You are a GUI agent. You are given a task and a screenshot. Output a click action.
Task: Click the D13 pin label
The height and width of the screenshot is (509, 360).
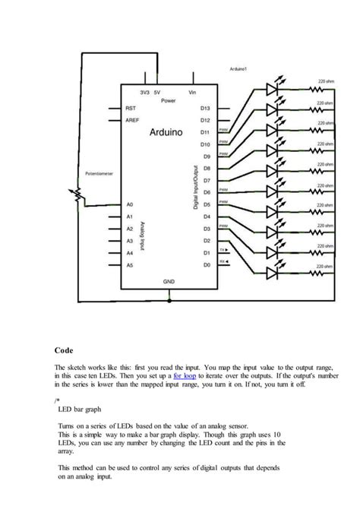point(204,108)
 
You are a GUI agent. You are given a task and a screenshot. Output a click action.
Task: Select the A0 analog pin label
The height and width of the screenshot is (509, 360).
point(130,204)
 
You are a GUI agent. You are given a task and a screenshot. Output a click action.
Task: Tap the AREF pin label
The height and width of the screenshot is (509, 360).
point(131,120)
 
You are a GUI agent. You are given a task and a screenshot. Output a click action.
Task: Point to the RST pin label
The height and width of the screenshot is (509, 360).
point(131,108)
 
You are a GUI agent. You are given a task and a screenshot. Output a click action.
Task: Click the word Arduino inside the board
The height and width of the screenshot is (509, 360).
point(166,131)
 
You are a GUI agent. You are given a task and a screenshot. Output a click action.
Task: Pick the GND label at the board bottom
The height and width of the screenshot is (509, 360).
point(169,280)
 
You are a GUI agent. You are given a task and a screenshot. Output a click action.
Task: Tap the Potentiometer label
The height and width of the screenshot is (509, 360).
point(99,173)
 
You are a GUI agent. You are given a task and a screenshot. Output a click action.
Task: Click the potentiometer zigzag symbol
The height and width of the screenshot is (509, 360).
point(77,195)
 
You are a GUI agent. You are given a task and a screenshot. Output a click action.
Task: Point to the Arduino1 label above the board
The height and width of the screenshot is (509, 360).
point(239,69)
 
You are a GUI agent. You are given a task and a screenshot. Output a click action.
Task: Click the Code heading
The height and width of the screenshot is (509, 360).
point(64,350)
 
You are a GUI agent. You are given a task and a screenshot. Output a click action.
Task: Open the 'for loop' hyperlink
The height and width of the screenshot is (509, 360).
point(185,375)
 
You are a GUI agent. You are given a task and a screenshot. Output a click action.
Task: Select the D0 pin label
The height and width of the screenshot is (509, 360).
point(205,264)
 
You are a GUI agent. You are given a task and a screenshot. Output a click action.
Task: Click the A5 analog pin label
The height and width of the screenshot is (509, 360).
point(130,264)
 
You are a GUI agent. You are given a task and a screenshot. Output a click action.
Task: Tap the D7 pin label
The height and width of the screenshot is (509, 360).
point(205,181)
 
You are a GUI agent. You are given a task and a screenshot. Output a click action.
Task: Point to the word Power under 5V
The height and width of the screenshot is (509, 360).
point(169,100)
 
